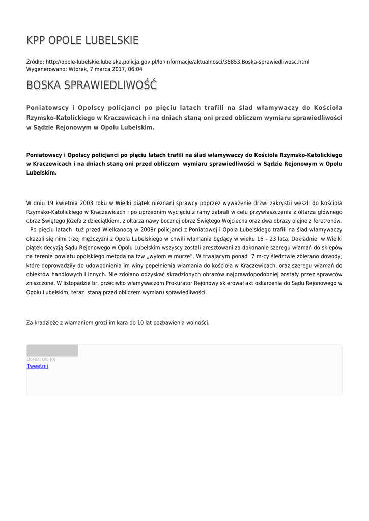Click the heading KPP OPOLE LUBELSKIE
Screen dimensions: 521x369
click(x=82, y=41)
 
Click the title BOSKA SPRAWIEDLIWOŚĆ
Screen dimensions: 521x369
click(x=92, y=85)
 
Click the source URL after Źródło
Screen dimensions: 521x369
click(x=178, y=62)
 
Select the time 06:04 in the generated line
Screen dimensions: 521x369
click(x=135, y=69)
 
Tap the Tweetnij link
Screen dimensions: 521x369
click(x=37, y=366)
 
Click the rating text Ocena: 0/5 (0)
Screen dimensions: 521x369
click(x=41, y=360)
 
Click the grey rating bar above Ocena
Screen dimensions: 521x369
click(x=52, y=351)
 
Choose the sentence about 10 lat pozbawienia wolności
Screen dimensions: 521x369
click(x=118, y=323)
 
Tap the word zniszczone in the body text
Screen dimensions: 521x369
click(x=41, y=283)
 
